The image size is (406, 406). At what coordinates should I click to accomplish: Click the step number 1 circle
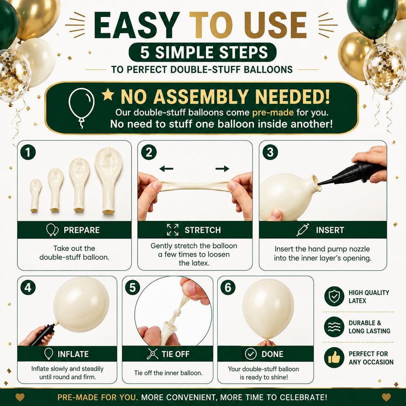pyautogui.click(x=28, y=152)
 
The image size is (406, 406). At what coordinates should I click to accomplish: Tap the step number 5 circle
pyautogui.click(x=133, y=287)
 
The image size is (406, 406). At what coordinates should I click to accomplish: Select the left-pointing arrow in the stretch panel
pyautogui.click(x=166, y=169)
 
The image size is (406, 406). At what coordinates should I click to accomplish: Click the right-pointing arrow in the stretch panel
pyautogui.click(x=222, y=169)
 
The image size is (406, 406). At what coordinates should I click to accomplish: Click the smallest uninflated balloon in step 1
pyautogui.click(x=35, y=195)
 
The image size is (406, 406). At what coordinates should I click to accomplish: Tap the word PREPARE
pyautogui.click(x=82, y=230)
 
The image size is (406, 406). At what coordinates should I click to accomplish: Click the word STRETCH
pyautogui.click(x=203, y=230)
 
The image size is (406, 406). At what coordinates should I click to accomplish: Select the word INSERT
pyautogui.click(x=330, y=230)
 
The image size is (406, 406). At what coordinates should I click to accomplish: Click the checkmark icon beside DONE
pyautogui.click(x=251, y=354)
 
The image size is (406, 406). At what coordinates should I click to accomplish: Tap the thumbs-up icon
pyautogui.click(x=334, y=358)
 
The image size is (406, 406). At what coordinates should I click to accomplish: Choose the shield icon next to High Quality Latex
pyautogui.click(x=334, y=296)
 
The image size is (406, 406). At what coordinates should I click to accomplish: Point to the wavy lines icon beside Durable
pyautogui.click(x=334, y=327)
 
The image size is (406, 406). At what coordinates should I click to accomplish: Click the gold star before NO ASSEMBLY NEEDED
pyautogui.click(x=108, y=94)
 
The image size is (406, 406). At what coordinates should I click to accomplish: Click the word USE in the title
pyautogui.click(x=276, y=25)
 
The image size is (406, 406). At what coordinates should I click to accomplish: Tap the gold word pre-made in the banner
pyautogui.click(x=273, y=112)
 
